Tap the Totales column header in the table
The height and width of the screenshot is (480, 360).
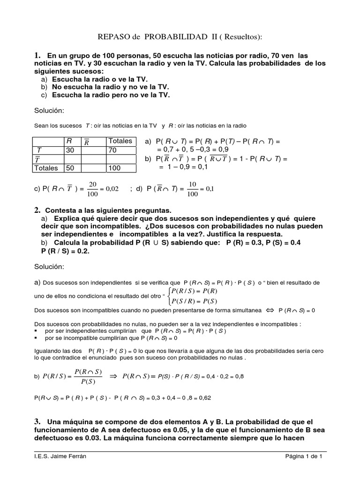pos(120,141)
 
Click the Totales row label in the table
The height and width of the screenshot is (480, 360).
pos(46,168)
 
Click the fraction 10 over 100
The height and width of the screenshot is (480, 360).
pos(193,189)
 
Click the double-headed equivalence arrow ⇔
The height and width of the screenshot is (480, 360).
pos(269,310)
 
